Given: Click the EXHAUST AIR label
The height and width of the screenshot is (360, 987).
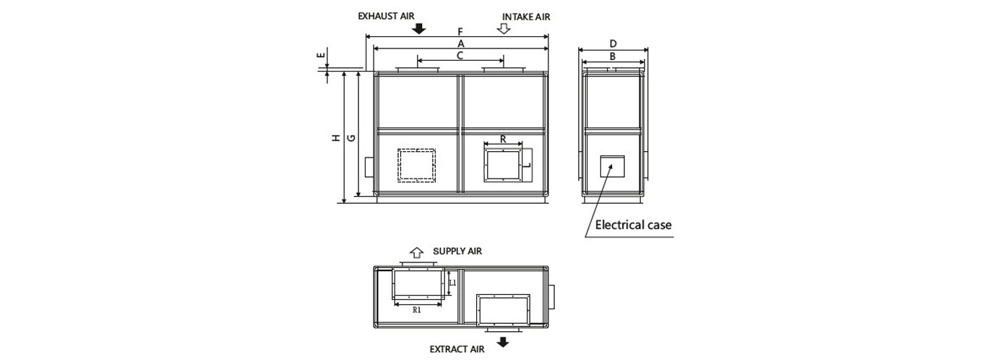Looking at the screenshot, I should point(387,15).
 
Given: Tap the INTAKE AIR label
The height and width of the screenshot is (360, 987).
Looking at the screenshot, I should point(531,16).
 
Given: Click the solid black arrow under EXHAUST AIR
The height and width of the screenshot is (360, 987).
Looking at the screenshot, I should point(418,28).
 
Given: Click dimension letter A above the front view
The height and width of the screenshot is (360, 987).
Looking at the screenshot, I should point(460,43).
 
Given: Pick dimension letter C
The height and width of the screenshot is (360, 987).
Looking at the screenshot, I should point(460,55).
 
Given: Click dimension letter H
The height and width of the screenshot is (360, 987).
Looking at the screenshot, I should point(336,137).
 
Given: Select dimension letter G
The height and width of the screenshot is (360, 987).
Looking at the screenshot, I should point(351,137).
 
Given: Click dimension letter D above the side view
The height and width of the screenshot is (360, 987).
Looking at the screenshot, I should point(613,44).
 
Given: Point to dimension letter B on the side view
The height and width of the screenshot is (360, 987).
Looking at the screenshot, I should point(613,56).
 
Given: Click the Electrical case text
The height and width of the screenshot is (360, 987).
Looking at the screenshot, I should point(633,225).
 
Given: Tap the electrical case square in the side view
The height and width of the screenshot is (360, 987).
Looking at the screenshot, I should point(613,166).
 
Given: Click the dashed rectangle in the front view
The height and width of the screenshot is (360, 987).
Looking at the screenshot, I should point(417,164).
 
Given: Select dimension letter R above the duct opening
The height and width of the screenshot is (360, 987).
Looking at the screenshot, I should point(503,138).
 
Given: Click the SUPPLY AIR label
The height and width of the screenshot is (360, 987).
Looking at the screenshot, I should point(457,251).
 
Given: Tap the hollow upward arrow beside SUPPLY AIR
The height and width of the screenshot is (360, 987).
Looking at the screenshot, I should point(416,252).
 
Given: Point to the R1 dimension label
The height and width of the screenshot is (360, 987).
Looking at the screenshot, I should point(417,310).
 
